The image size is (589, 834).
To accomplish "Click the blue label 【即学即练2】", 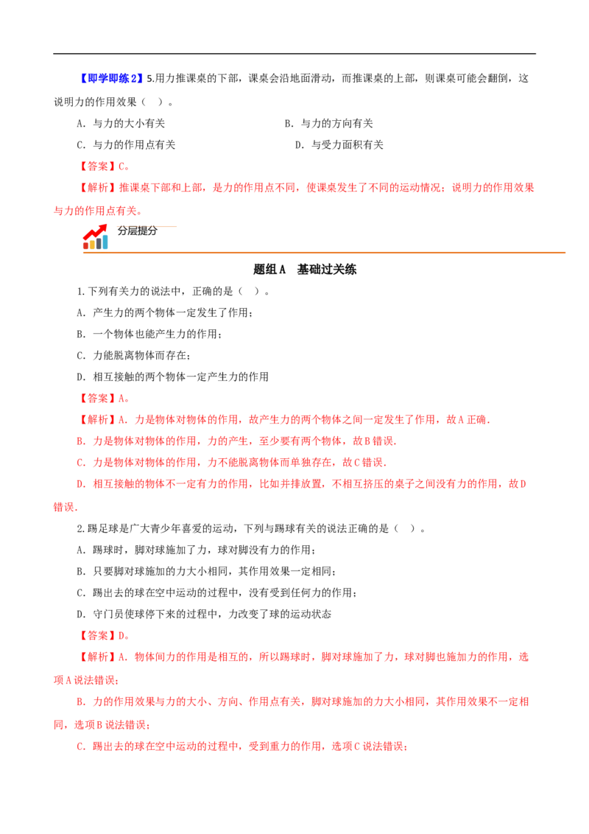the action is [x=112, y=79].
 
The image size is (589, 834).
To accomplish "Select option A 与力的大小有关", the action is [x=121, y=123].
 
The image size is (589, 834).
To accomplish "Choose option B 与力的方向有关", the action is [x=329, y=123].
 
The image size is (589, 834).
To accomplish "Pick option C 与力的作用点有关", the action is [x=126, y=144].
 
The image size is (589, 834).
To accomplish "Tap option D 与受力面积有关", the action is [x=339, y=144].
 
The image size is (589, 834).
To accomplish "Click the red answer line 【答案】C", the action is [x=105, y=167].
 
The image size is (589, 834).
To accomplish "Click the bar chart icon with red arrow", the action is [x=96, y=237].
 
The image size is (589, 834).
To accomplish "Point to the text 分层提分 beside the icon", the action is [x=138, y=231].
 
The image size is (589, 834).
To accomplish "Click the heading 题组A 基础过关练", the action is [x=305, y=270].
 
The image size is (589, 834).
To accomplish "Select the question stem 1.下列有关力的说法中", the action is [x=173, y=292].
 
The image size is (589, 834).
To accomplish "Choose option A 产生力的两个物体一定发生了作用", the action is [x=165, y=312].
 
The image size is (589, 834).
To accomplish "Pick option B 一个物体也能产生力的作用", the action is [x=149, y=334].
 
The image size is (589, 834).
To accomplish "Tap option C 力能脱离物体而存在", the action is [x=134, y=355].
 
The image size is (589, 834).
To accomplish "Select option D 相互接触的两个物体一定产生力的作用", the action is [x=173, y=376].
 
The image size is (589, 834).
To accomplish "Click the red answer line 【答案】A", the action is [x=105, y=399].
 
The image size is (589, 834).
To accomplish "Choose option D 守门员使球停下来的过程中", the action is [x=204, y=614].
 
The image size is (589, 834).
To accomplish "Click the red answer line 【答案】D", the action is [x=105, y=636].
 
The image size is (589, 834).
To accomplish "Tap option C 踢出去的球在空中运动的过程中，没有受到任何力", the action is [x=217, y=593].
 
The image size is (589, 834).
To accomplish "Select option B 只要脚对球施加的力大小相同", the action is [x=206, y=572].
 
